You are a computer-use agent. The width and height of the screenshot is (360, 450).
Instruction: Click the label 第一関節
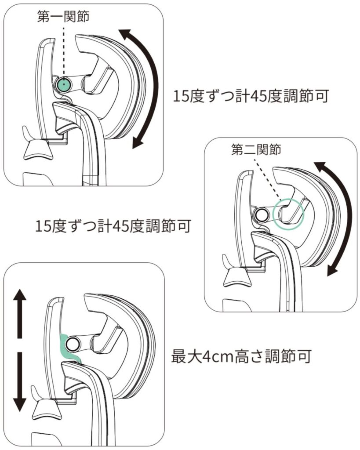pyautogui.click(x=63, y=16)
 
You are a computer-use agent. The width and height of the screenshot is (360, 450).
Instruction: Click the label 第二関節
pyautogui.click(x=256, y=149)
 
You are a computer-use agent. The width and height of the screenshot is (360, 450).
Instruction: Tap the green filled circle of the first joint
pyautogui.click(x=63, y=84)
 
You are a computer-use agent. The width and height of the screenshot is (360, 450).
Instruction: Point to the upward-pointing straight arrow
pyautogui.click(x=19, y=313)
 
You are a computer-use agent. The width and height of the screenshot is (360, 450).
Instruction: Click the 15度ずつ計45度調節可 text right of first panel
pyautogui.click(x=251, y=95)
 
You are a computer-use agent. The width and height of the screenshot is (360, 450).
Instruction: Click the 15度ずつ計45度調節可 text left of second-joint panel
pyautogui.click(x=113, y=226)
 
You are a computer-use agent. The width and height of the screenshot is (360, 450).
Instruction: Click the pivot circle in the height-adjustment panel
pyautogui.click(x=72, y=344)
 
